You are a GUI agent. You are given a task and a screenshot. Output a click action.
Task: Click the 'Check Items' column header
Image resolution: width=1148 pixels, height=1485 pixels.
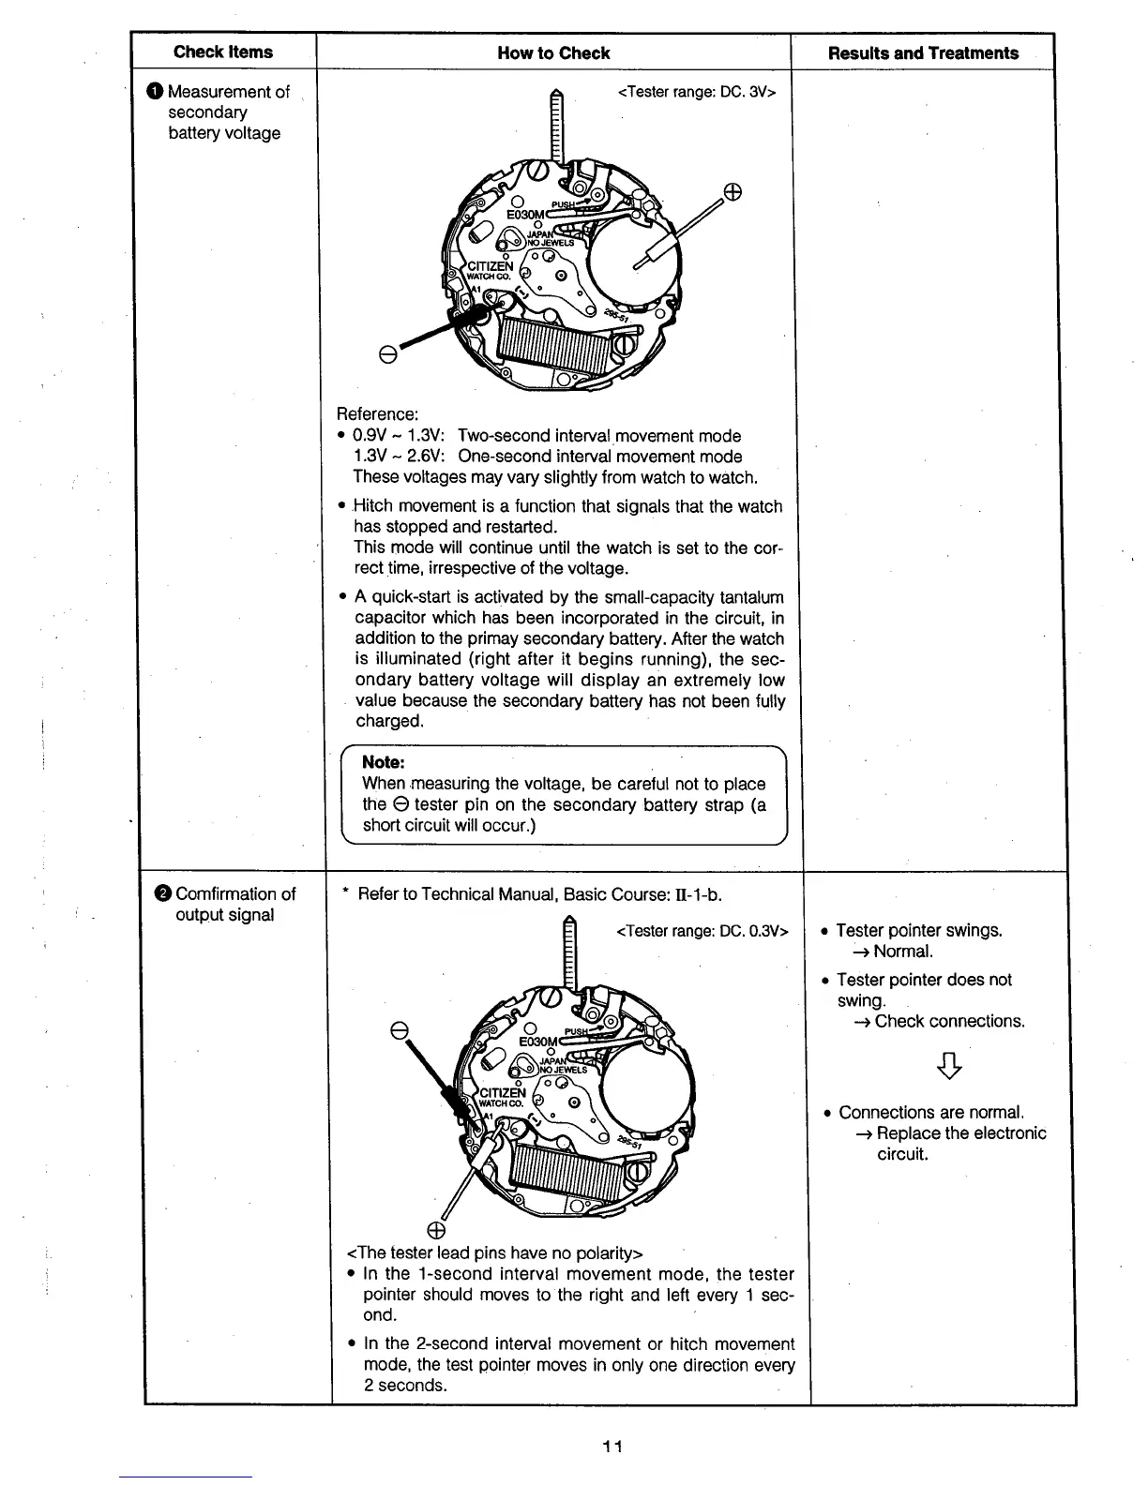223,52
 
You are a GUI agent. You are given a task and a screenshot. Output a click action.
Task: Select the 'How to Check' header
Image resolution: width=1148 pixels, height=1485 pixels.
553,53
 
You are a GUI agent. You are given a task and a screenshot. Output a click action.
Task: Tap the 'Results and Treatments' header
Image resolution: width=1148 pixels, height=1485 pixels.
923,53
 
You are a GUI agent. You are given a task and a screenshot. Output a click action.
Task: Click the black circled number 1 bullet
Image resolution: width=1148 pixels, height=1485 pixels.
155,92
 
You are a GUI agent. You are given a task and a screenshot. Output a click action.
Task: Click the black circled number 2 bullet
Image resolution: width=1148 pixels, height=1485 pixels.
162,893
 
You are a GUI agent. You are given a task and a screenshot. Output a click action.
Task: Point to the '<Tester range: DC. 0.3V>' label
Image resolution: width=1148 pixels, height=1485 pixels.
702,931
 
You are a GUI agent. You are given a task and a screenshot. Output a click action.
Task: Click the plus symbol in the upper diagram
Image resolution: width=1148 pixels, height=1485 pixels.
733,192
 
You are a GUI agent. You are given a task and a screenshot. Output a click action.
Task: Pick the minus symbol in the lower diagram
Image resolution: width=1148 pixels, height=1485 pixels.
399,1031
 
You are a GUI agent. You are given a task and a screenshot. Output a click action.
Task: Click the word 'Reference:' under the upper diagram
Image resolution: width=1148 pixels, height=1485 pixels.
377,414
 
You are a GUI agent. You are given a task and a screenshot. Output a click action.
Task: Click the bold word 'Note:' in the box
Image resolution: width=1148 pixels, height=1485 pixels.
384,762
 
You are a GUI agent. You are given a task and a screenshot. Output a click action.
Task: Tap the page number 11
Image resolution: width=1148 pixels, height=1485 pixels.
612,1446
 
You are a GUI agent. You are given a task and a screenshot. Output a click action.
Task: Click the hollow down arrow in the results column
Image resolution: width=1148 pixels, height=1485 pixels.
949,1066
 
